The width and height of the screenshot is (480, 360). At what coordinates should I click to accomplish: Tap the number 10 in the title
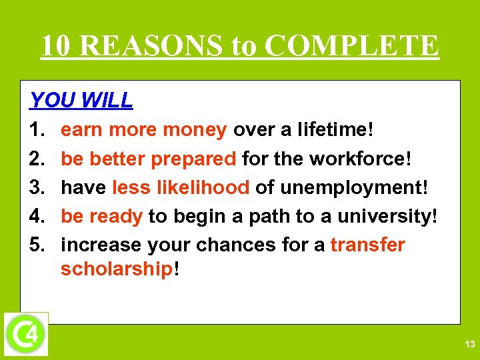click(59, 46)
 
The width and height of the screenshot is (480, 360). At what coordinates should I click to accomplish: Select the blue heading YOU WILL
click(81, 101)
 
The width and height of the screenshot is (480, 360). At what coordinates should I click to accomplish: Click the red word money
click(197, 130)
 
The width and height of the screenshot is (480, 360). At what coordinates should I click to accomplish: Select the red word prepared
click(193, 159)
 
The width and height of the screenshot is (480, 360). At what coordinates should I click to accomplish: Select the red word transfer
click(367, 245)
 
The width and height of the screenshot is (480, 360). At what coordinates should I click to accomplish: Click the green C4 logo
click(26, 333)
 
